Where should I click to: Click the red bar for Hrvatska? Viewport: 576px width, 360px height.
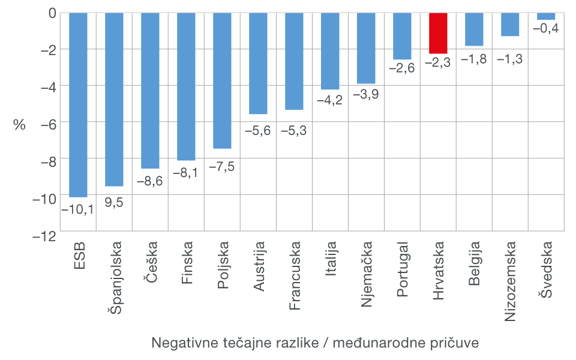(x=438, y=33)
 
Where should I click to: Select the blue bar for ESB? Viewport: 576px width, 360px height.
(x=78, y=105)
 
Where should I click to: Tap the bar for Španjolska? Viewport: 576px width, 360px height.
(x=114, y=99)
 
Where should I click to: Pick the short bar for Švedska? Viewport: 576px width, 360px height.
(x=546, y=16)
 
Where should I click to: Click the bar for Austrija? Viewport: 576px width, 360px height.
(x=258, y=63)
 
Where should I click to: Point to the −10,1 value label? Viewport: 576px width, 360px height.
(x=77, y=209)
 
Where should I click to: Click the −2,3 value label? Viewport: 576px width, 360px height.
(x=437, y=63)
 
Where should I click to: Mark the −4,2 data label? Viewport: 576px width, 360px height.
(x=329, y=100)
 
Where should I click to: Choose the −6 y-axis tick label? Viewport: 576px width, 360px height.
(x=47, y=122)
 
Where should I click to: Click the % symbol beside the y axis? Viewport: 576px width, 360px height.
(x=20, y=125)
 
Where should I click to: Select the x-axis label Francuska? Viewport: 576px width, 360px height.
(x=294, y=276)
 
